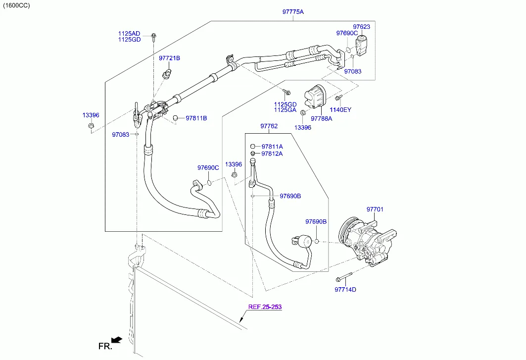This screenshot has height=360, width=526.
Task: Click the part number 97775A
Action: tap(293, 11)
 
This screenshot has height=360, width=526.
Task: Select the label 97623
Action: tap(361, 27)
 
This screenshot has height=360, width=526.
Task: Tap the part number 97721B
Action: tap(169, 58)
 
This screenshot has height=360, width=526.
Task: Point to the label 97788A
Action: tap(321, 118)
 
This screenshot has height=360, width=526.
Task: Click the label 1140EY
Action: tap(340, 109)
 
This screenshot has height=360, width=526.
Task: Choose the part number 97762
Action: tap(269, 126)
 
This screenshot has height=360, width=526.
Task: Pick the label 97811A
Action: tap(272, 147)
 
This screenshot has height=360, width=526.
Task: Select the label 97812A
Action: tap(272, 154)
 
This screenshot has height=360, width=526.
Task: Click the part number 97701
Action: tap(375, 209)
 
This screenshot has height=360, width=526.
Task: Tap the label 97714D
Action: tap(345, 290)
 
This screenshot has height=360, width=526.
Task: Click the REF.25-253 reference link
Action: tap(265, 307)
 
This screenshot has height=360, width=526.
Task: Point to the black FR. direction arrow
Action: tap(117, 340)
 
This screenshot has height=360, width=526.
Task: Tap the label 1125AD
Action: tap(129, 33)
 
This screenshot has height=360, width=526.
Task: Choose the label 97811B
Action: tap(196, 118)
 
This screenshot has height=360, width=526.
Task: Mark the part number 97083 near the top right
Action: tap(352, 71)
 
